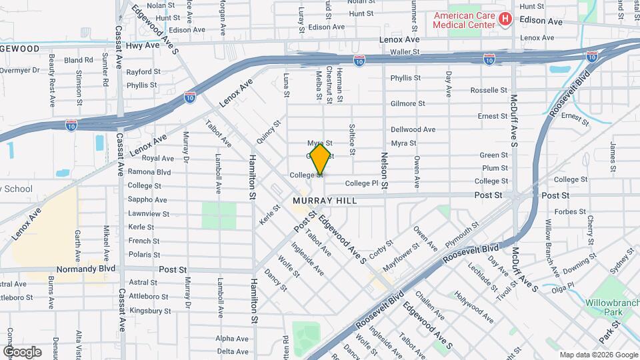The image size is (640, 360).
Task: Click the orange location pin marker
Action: (x=320, y=158)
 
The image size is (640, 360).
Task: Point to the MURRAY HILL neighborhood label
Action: (x=324, y=201)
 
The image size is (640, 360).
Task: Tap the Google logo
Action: (x=21, y=351)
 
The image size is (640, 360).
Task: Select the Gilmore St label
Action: (x=407, y=103)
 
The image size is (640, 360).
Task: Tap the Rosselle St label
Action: (x=489, y=90)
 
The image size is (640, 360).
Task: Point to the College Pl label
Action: (x=361, y=183)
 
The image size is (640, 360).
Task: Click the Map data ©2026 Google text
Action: (x=598, y=355)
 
